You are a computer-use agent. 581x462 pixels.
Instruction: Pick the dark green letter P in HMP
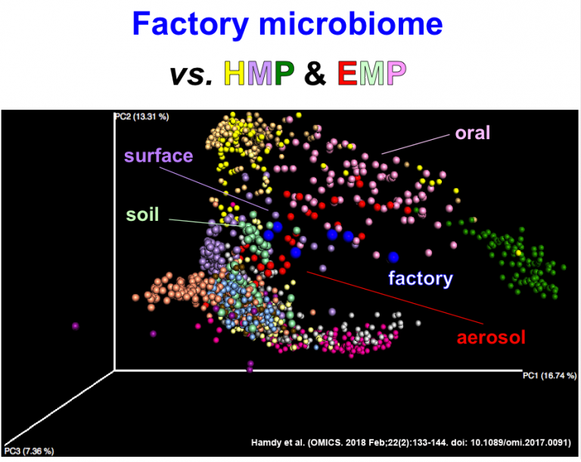click(286, 73)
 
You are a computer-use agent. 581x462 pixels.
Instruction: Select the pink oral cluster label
click(472, 133)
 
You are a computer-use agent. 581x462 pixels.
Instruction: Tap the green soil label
click(142, 214)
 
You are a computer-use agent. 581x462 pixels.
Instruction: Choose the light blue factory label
click(420, 278)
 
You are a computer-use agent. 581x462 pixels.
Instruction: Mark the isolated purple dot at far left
click(75, 326)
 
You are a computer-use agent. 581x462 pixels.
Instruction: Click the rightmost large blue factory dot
click(393, 258)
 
